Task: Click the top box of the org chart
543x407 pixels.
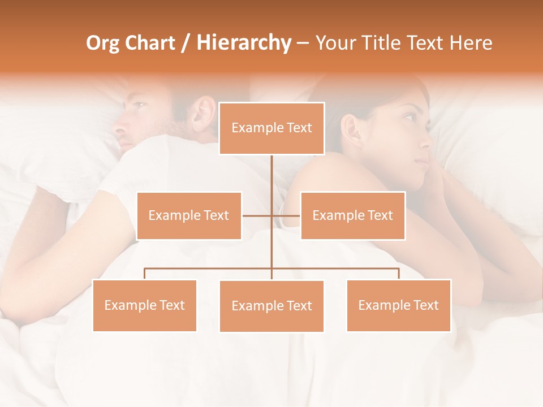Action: click(x=271, y=128)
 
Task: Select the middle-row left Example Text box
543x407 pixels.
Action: click(x=189, y=215)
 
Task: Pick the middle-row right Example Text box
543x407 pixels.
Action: click(x=352, y=215)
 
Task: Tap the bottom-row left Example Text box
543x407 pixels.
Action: click(x=145, y=305)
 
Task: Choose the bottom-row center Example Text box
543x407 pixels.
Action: click(x=271, y=306)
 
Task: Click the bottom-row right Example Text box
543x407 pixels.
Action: click(x=398, y=305)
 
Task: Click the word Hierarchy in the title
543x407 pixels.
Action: click(x=243, y=43)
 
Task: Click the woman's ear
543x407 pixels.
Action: click(x=350, y=129)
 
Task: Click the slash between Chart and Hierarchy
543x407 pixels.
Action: click(x=186, y=43)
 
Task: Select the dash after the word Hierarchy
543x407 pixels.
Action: click(x=303, y=43)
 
